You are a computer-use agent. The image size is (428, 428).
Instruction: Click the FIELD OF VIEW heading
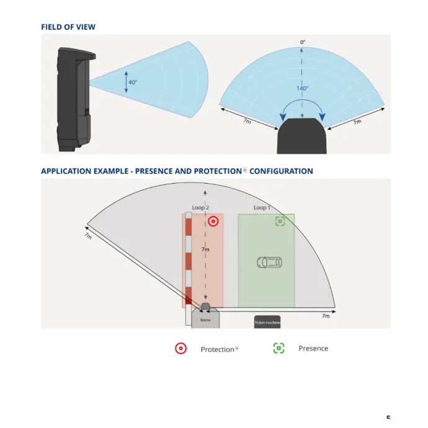68,27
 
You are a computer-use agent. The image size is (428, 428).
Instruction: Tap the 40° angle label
133,82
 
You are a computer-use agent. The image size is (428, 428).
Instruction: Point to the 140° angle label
302,89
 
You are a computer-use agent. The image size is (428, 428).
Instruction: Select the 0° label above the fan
303,42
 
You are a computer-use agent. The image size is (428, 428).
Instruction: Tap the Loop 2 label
200,207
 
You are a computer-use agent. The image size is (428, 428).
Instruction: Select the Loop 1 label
262,207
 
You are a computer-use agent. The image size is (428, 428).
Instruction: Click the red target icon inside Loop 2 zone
213,221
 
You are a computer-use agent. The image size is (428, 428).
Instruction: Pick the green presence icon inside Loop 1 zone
280,221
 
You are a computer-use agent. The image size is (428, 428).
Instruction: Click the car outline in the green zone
269,262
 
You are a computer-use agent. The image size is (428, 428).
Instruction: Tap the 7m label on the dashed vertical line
206,249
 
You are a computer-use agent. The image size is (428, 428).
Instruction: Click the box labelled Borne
205,319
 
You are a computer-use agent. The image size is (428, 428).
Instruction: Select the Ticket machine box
267,323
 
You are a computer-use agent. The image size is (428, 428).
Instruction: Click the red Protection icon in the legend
181,349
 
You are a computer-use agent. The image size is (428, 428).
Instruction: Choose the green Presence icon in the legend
279,348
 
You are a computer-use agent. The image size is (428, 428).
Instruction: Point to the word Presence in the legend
313,349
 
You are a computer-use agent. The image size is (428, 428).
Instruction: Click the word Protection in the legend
218,349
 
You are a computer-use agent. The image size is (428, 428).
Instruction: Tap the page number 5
388,419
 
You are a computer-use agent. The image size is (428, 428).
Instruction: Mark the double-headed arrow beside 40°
126,82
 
